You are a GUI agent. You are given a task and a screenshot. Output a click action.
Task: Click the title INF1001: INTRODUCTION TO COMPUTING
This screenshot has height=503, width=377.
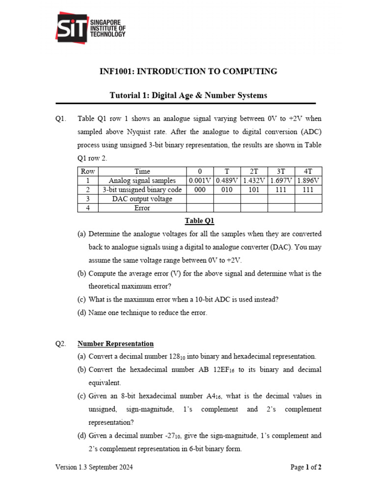point(188,72)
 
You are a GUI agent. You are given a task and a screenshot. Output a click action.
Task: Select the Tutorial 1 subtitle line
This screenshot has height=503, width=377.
point(188,95)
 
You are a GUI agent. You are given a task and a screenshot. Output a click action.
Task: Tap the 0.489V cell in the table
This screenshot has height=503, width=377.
point(227,180)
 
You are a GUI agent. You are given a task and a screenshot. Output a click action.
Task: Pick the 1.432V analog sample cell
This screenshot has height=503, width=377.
point(254,180)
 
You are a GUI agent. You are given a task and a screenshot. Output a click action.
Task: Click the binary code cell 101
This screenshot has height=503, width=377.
point(254,190)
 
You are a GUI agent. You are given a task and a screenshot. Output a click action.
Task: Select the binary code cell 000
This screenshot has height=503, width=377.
point(200,190)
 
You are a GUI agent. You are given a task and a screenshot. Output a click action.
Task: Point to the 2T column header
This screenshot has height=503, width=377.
point(254,171)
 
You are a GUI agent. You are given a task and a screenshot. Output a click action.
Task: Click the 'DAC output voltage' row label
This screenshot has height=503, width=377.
point(142,198)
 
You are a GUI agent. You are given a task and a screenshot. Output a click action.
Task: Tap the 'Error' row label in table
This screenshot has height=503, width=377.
point(142,208)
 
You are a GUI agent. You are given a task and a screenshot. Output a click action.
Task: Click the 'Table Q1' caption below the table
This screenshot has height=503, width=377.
point(199,221)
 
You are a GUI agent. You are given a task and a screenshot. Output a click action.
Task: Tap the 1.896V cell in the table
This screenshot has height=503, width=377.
point(308,180)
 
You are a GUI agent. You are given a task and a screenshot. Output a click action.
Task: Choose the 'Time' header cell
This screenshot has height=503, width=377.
point(142,171)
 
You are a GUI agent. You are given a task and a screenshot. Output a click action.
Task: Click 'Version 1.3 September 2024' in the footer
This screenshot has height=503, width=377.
point(94,467)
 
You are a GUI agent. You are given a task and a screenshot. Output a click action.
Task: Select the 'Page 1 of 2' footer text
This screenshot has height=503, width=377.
point(306,467)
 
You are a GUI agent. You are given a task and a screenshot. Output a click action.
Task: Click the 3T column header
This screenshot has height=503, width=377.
point(281,171)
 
